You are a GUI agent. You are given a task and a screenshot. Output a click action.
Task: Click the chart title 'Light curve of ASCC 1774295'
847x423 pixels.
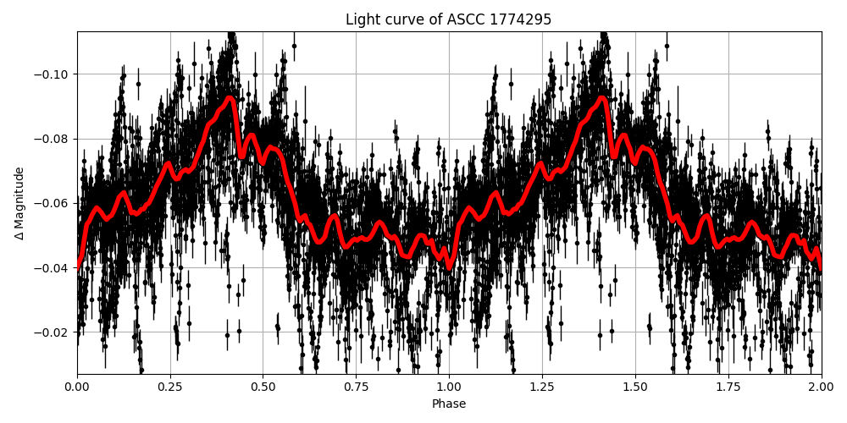[x=448, y=19]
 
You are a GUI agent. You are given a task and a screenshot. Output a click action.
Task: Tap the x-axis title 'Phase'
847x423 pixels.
[x=448, y=404]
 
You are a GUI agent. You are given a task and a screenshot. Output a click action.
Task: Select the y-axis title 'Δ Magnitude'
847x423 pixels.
[x=19, y=203]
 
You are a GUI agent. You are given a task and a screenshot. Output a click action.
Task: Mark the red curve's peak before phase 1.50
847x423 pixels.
[x=602, y=98]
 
